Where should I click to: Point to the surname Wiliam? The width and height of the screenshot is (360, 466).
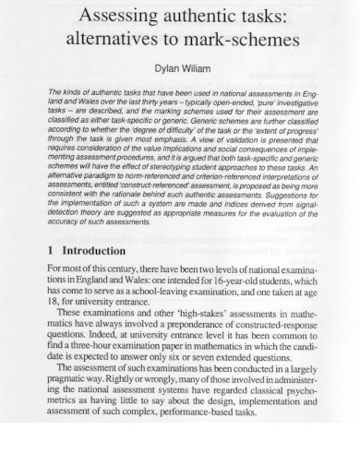point(200,68)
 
